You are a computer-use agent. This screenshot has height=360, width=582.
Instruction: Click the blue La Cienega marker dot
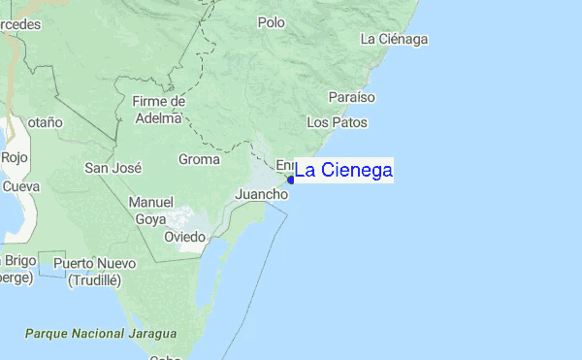coord(291,180)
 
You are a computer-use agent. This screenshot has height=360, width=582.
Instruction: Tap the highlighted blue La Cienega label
coord(343,171)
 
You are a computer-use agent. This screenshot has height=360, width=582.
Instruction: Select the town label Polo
coord(272,21)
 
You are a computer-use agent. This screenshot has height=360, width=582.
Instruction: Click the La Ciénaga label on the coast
coord(394,39)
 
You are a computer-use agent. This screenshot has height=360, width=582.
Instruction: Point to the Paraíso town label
coord(351,98)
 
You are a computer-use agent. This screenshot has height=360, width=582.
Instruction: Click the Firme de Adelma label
coord(157,110)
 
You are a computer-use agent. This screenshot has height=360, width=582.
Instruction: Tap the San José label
coord(113,167)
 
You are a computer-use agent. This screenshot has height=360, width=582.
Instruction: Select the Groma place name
coord(199,159)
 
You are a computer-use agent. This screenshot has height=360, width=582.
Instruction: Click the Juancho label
coord(262,194)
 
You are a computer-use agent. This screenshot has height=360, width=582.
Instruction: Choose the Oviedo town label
coord(184,236)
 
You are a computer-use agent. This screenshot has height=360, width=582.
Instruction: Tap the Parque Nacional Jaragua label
coord(101,333)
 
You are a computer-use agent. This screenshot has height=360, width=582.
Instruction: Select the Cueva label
coord(20,185)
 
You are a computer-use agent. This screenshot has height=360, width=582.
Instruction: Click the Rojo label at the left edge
coord(15,156)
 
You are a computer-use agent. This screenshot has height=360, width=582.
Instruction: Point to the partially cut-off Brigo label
coord(19,260)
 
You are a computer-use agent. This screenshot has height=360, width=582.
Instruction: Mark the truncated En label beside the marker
coord(284,165)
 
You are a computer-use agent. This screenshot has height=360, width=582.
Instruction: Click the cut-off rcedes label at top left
coord(20,24)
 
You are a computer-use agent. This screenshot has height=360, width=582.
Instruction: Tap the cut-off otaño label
coord(44,122)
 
